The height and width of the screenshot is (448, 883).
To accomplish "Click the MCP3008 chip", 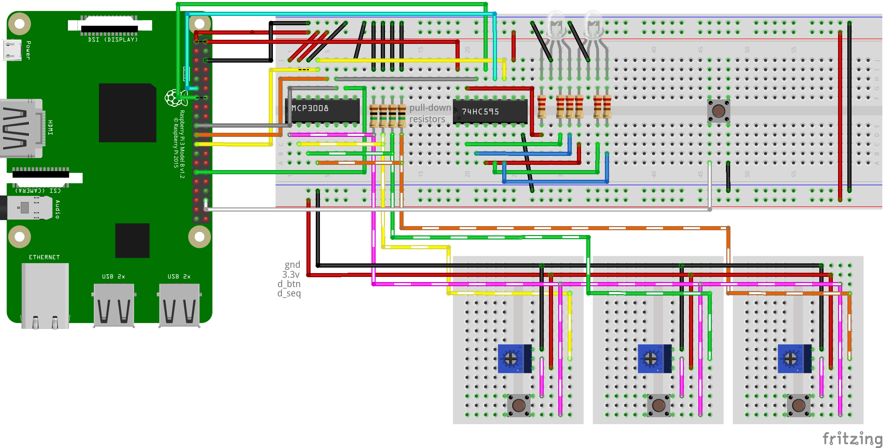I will [x=322, y=110].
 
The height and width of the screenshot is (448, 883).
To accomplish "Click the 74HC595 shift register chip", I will [x=490, y=112].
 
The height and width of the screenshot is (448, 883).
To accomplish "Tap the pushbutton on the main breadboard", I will [x=718, y=111].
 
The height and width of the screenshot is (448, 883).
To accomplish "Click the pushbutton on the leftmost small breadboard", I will [x=518, y=405].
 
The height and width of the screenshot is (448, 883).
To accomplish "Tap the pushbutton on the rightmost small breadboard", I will [x=798, y=405].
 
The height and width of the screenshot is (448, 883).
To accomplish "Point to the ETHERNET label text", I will [x=44, y=257].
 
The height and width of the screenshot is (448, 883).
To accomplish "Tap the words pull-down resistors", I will [x=430, y=113].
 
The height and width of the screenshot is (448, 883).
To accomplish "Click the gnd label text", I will [x=292, y=265].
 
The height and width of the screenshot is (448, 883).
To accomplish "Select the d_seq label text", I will [x=289, y=293].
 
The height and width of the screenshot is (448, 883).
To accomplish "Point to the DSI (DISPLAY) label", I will [x=113, y=40].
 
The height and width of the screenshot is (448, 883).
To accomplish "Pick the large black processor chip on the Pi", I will [x=127, y=113].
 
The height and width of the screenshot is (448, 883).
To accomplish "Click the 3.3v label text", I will [x=291, y=274].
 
